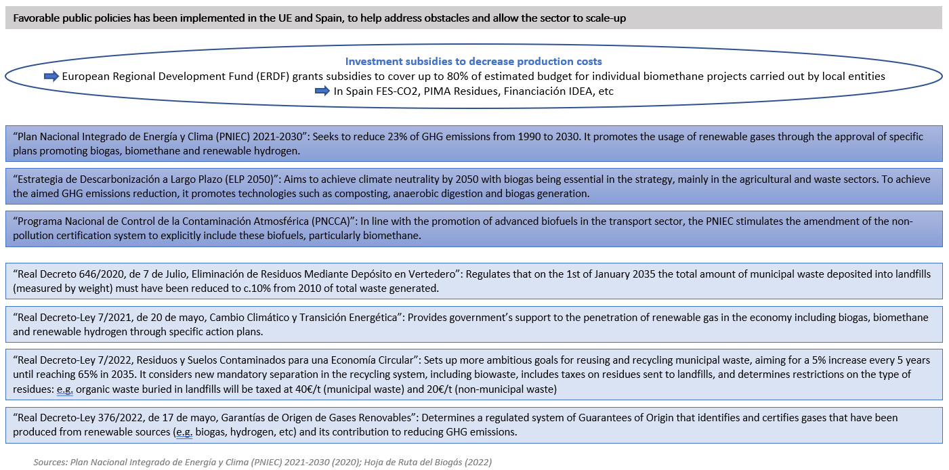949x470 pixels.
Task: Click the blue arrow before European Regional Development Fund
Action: coord(51,77)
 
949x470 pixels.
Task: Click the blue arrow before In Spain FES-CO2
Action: coord(323,91)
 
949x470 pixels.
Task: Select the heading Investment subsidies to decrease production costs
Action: coord(473,62)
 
